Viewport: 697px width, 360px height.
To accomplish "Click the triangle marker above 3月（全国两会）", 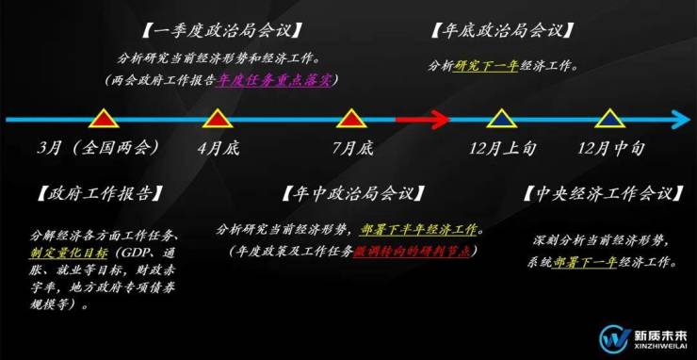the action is [104, 119].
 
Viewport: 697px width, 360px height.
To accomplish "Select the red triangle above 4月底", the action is [218, 119].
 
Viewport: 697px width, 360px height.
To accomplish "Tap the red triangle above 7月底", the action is [352, 119].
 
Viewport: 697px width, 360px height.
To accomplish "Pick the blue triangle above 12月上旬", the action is [501, 119].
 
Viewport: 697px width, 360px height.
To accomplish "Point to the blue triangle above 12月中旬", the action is [610, 119].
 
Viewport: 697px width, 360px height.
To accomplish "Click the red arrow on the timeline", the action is [423, 120].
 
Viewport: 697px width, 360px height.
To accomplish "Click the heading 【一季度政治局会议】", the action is [221, 32].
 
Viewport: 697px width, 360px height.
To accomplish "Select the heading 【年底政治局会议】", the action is [502, 32].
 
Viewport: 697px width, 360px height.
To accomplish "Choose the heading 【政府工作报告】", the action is [99, 193].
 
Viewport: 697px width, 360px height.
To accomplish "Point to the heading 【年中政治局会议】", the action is [352, 193].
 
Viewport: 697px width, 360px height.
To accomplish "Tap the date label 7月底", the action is [353, 148].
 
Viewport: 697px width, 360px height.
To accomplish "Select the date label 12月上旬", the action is [502, 148].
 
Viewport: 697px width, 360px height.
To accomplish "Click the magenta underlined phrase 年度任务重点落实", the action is [274, 80].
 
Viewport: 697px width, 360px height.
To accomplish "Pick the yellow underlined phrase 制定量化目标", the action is [69, 253].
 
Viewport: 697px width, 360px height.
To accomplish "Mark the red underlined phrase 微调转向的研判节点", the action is [412, 251].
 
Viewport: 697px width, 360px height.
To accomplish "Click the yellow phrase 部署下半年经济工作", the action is [419, 230].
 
